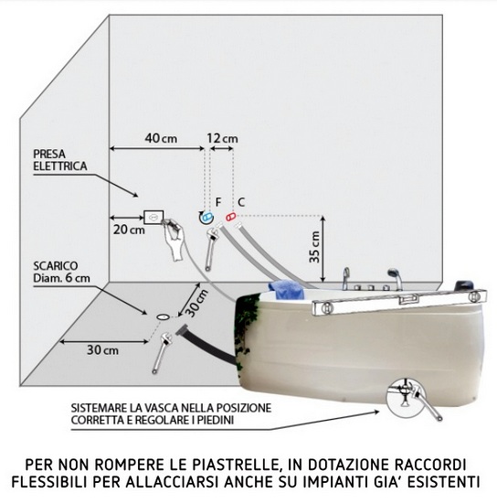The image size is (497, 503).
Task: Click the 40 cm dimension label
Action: pyautogui.click(x=161, y=138)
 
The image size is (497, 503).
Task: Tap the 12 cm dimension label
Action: pyautogui.click(x=222, y=138)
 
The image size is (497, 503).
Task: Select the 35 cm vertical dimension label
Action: pyautogui.click(x=314, y=247)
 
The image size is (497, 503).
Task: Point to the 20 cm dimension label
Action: pyautogui.click(x=129, y=230)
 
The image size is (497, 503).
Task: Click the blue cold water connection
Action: pyautogui.click(x=206, y=219)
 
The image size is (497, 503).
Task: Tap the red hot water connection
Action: pyautogui.click(x=230, y=217)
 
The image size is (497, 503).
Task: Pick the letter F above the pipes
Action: pyautogui.click(x=218, y=202)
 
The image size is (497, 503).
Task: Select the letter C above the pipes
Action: pyautogui.click(x=241, y=202)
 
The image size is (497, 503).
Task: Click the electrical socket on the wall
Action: pyautogui.click(x=153, y=217)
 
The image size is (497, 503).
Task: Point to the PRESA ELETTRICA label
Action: pyautogui.click(x=60, y=160)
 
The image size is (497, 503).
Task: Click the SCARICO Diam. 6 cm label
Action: pyautogui.click(x=61, y=272)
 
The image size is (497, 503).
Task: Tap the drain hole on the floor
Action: pyautogui.click(x=164, y=316)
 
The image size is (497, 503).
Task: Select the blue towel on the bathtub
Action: pyautogui.click(x=287, y=289)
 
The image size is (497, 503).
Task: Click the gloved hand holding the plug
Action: pyautogui.click(x=173, y=239)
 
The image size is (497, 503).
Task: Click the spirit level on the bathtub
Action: pyautogui.click(x=399, y=301)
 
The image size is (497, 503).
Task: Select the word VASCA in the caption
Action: pyautogui.click(x=161, y=408)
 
